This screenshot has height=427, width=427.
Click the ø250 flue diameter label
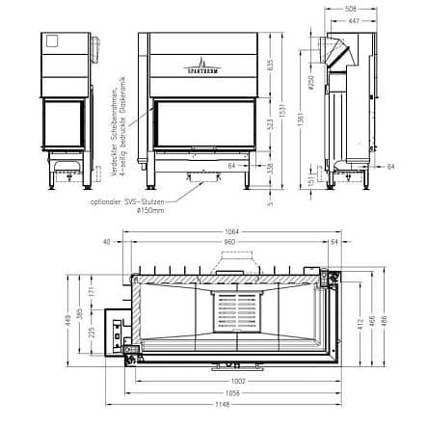pyautogui.click(x=313, y=83)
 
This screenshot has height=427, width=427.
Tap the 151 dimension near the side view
pyautogui.click(x=313, y=179)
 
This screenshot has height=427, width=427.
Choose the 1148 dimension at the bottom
pyautogui.click(x=229, y=402)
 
